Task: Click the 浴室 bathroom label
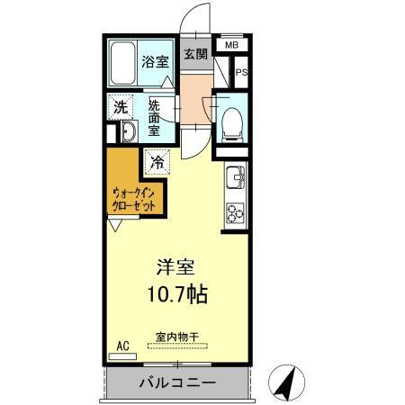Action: point(154,62)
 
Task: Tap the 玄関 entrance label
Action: point(195,54)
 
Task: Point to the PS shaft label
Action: point(240,73)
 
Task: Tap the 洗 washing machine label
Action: point(120,107)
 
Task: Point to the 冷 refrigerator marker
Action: point(157,163)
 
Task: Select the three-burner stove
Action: point(236,212)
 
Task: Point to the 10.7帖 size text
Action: point(179,294)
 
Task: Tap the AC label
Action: point(121,344)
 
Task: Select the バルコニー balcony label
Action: point(176,383)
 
